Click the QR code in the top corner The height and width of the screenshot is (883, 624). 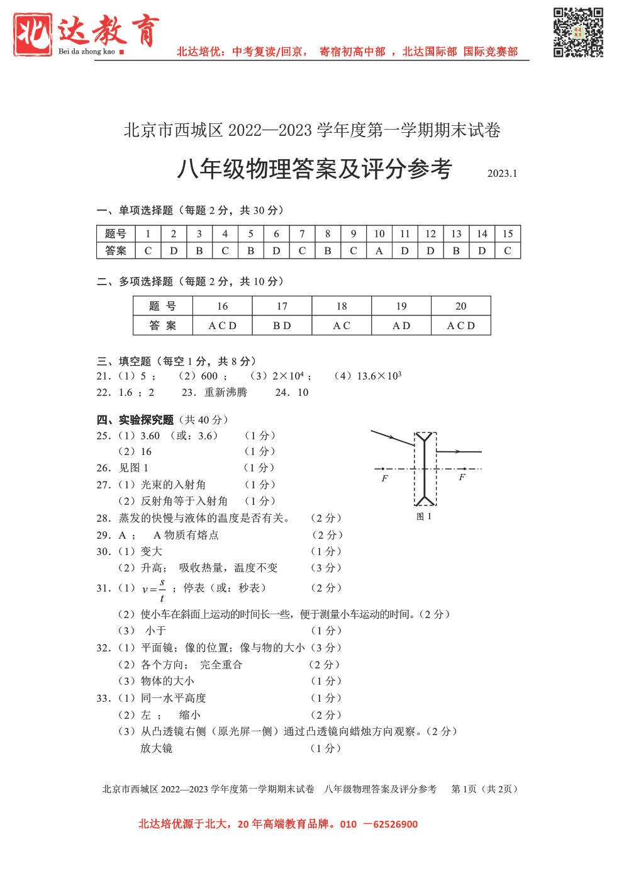[x=578, y=33]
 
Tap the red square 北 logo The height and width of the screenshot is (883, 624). [x=33, y=35]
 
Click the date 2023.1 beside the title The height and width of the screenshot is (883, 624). [x=502, y=174]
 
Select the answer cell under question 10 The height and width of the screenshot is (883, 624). [x=379, y=250]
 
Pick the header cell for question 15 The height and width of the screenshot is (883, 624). [x=508, y=233]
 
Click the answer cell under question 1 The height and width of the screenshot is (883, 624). [x=148, y=250]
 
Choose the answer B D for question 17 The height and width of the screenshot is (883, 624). [x=282, y=325]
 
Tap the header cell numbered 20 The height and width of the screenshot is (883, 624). [x=461, y=306]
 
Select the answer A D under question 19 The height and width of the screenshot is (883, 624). [x=401, y=325]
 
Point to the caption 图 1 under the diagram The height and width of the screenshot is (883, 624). [x=424, y=517]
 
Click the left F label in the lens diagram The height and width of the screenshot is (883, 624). [x=385, y=478]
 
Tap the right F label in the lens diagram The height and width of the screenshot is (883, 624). [x=462, y=477]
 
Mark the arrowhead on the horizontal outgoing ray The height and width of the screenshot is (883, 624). [x=459, y=451]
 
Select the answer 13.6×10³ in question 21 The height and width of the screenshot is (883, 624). [x=379, y=376]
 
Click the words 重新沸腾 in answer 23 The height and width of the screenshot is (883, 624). [x=226, y=393]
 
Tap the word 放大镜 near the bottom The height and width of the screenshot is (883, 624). [x=156, y=748]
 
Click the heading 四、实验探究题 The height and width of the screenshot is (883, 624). [x=135, y=420]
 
